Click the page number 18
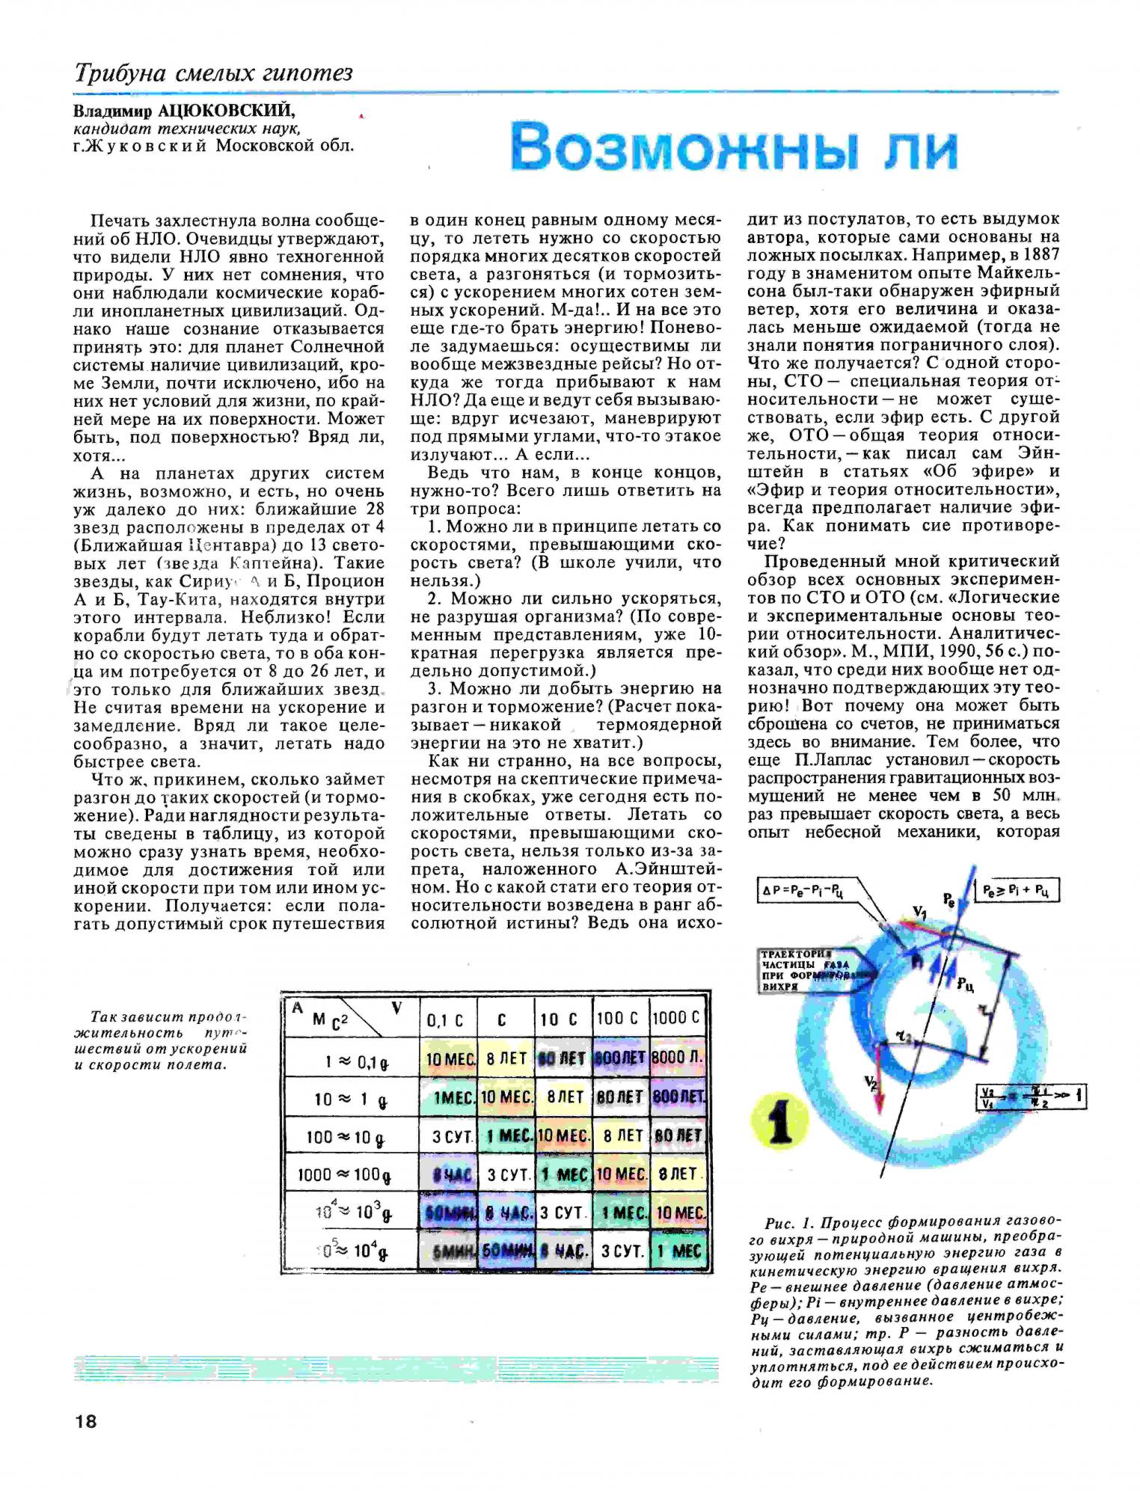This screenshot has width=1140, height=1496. point(86,1421)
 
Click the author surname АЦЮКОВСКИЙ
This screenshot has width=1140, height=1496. point(227,111)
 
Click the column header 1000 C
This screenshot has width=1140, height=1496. point(677,1018)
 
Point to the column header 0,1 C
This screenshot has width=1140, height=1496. point(445,1020)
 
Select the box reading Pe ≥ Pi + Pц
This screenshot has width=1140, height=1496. point(1021,890)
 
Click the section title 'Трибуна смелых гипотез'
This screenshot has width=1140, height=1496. point(213,73)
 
